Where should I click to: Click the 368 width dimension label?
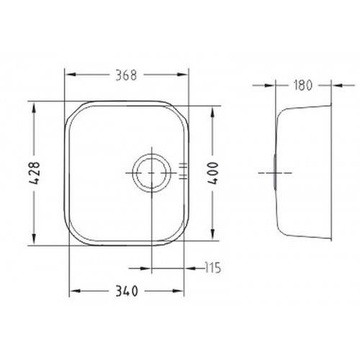click(x=126, y=75)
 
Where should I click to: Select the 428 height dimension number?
click(x=34, y=173)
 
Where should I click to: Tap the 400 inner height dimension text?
click(x=213, y=173)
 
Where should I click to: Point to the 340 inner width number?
click(x=127, y=291)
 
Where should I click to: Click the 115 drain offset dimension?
click(x=213, y=268)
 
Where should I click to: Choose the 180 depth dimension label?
click(x=303, y=85)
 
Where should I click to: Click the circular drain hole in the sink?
click(x=152, y=173)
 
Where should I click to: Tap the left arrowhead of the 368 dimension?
click(x=71, y=75)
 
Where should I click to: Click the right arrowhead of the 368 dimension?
click(x=182, y=75)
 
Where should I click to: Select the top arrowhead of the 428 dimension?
click(x=34, y=108)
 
